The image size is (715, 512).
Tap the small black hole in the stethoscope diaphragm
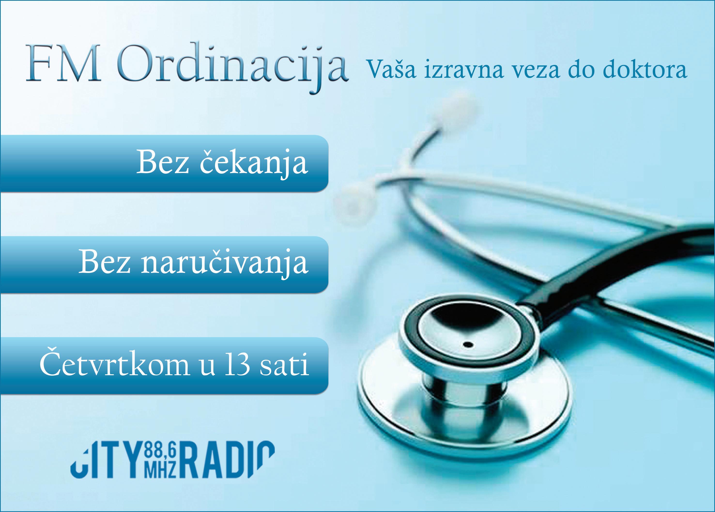pos(468,344)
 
